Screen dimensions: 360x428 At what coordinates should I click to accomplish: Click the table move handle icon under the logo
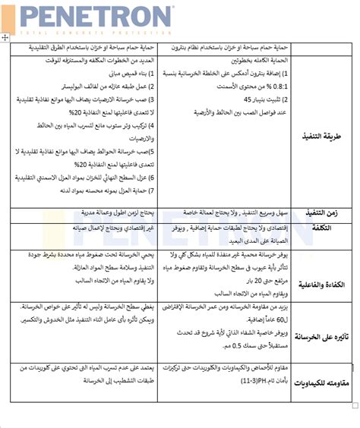pyautogui.click(x=6, y=37)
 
